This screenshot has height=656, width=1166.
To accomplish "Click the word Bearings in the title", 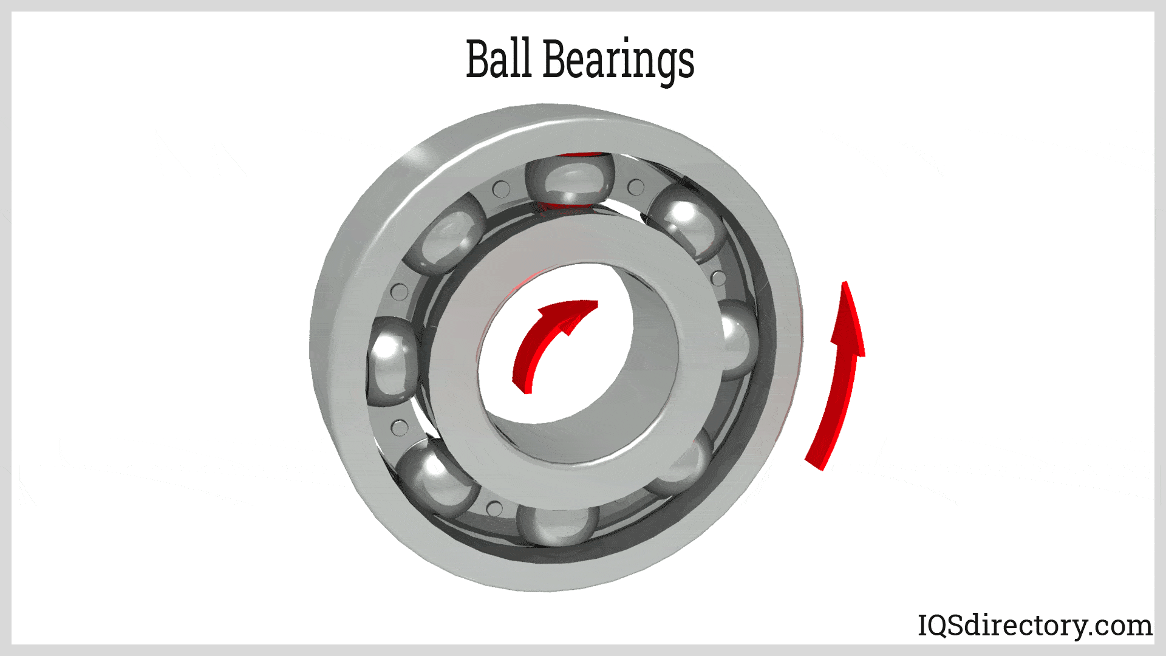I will (618, 61).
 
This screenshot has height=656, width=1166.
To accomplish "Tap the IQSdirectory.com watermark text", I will (1034, 626).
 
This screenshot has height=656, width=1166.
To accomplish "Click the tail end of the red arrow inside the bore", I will (521, 386).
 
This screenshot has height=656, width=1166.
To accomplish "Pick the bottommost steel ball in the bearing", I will (557, 524).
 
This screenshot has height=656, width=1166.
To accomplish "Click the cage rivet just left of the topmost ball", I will (501, 190).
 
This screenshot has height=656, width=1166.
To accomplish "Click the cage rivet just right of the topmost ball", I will (636, 187).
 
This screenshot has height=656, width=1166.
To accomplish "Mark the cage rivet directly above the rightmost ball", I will (718, 278).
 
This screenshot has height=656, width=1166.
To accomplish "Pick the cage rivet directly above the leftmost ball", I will (399, 292).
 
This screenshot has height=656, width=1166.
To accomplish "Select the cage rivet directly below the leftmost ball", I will (399, 428).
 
